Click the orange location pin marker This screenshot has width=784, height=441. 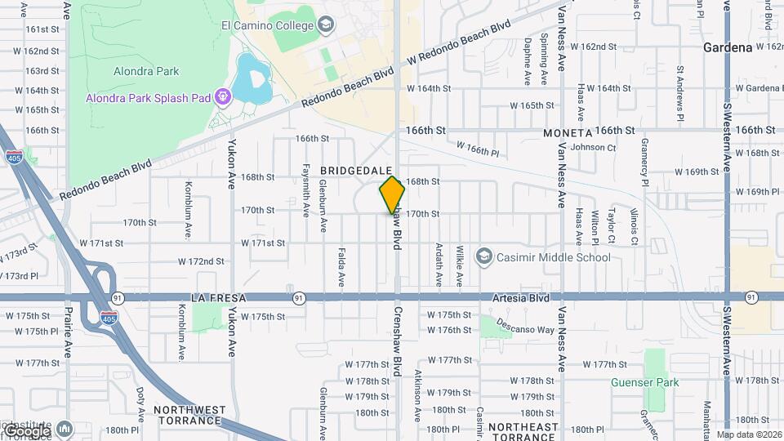(392, 194)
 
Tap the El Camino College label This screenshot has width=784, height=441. (267, 25)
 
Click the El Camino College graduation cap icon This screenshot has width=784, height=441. (326, 24)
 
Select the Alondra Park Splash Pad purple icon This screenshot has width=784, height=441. (223, 98)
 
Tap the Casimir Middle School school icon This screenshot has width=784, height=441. (484, 258)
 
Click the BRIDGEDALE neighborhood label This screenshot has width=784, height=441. (353, 170)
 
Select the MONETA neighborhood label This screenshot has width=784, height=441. (566, 132)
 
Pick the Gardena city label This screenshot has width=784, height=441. (728, 47)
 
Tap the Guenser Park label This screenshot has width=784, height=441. (644, 381)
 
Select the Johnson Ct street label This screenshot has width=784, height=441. (593, 147)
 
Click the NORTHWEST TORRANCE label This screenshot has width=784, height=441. (189, 416)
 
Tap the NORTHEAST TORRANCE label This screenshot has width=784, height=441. (523, 432)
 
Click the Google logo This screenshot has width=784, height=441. (26, 430)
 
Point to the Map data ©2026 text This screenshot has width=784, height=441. (749, 434)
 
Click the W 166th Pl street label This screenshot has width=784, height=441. (478, 149)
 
